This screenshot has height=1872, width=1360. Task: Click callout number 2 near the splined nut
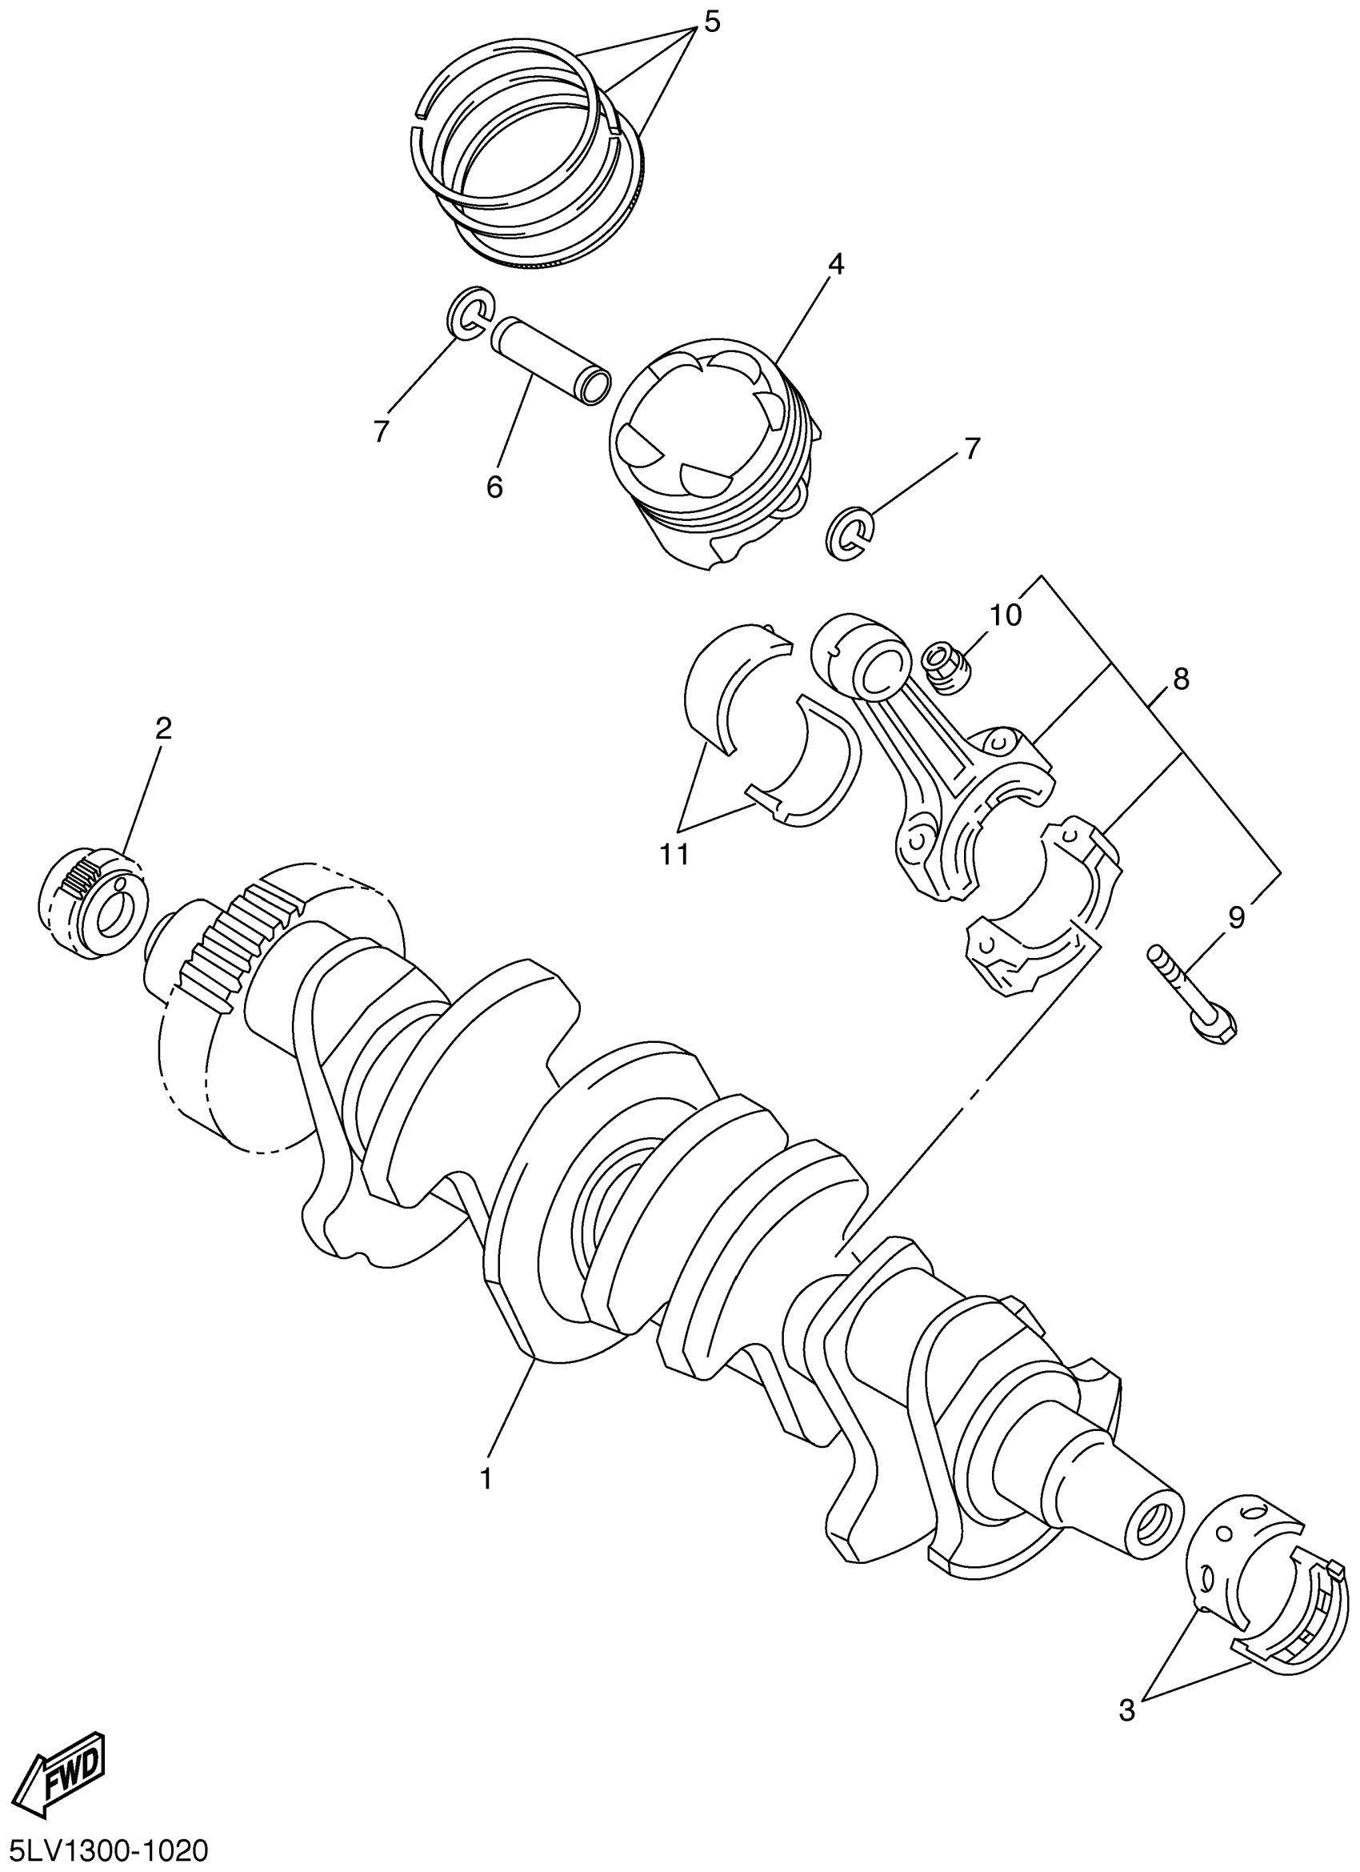(163, 728)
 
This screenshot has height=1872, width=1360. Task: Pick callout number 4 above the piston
(836, 265)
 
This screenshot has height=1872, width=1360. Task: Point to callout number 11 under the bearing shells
(674, 855)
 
